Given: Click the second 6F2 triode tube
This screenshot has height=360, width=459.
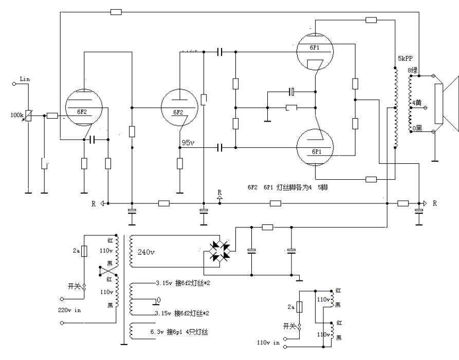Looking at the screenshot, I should (178, 108).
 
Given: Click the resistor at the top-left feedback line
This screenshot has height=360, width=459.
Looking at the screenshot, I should (116, 11).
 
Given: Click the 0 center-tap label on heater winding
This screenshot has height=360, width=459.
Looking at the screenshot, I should (159, 299).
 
